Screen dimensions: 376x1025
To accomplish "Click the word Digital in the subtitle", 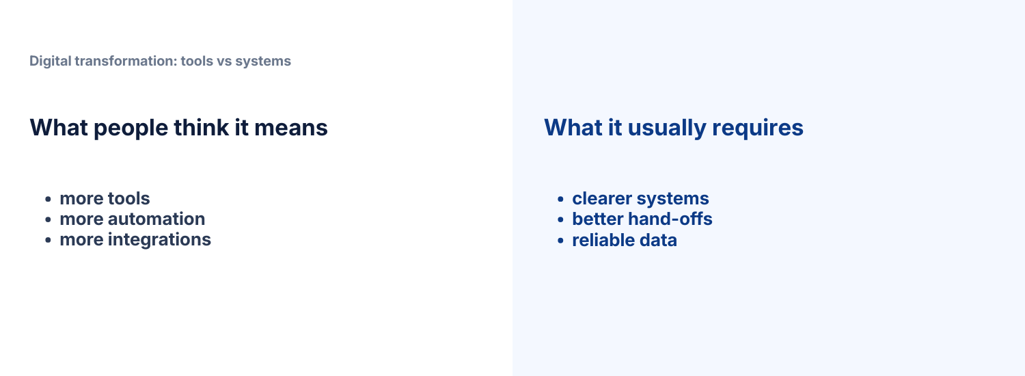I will pyautogui.click(x=50, y=61).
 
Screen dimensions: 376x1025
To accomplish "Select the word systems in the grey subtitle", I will pyautogui.click(x=263, y=61).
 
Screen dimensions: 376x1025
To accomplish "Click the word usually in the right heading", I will pyautogui.click(x=663, y=128).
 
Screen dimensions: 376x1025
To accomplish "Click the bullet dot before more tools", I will pyautogui.click(x=49, y=200).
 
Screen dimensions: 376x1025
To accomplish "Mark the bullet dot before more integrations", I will pyautogui.click(x=49, y=241).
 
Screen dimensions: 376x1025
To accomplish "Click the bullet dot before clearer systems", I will pyautogui.click(x=560, y=200).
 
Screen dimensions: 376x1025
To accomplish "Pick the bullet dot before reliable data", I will pyautogui.click(x=560, y=241).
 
